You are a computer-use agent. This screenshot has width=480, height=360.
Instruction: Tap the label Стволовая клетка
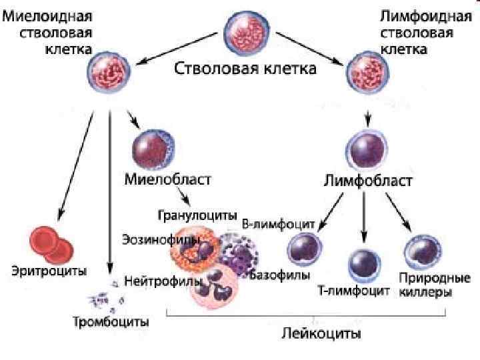point(245,69)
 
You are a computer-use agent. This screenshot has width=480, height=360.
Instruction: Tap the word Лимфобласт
point(367,181)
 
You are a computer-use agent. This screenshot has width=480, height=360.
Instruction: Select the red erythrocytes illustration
point(49,245)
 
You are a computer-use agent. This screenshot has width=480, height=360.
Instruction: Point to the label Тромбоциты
point(111,323)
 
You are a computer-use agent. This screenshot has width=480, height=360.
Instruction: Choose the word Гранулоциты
point(197,215)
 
